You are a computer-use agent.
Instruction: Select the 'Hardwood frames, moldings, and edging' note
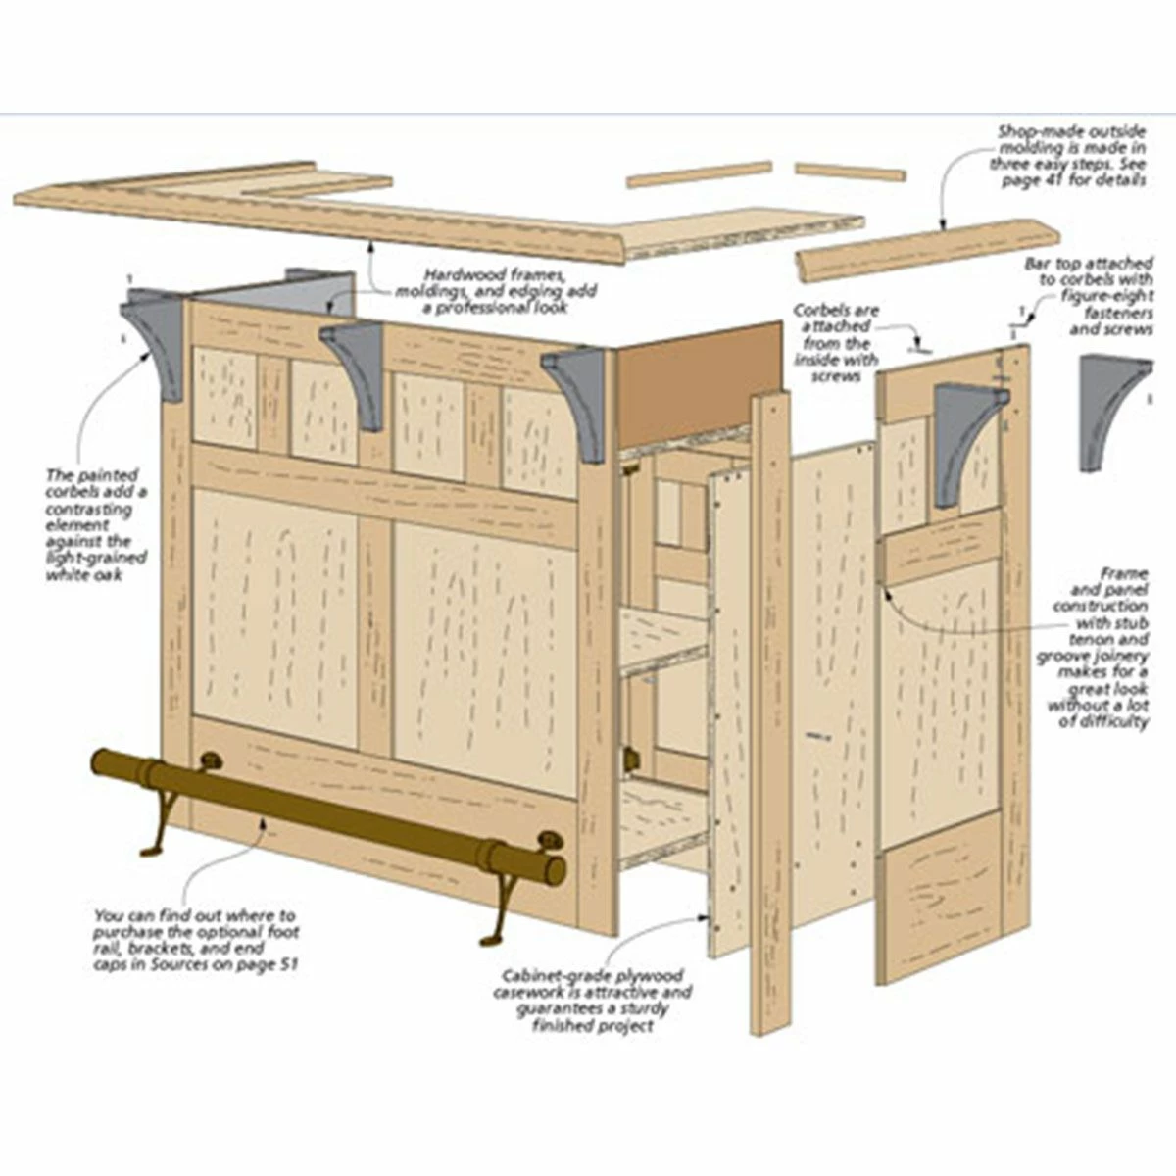pos(496,291)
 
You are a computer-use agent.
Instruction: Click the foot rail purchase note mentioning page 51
pos(196,939)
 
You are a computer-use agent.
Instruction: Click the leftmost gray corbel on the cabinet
pos(157,338)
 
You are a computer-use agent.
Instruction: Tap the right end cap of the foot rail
pos(555,870)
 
